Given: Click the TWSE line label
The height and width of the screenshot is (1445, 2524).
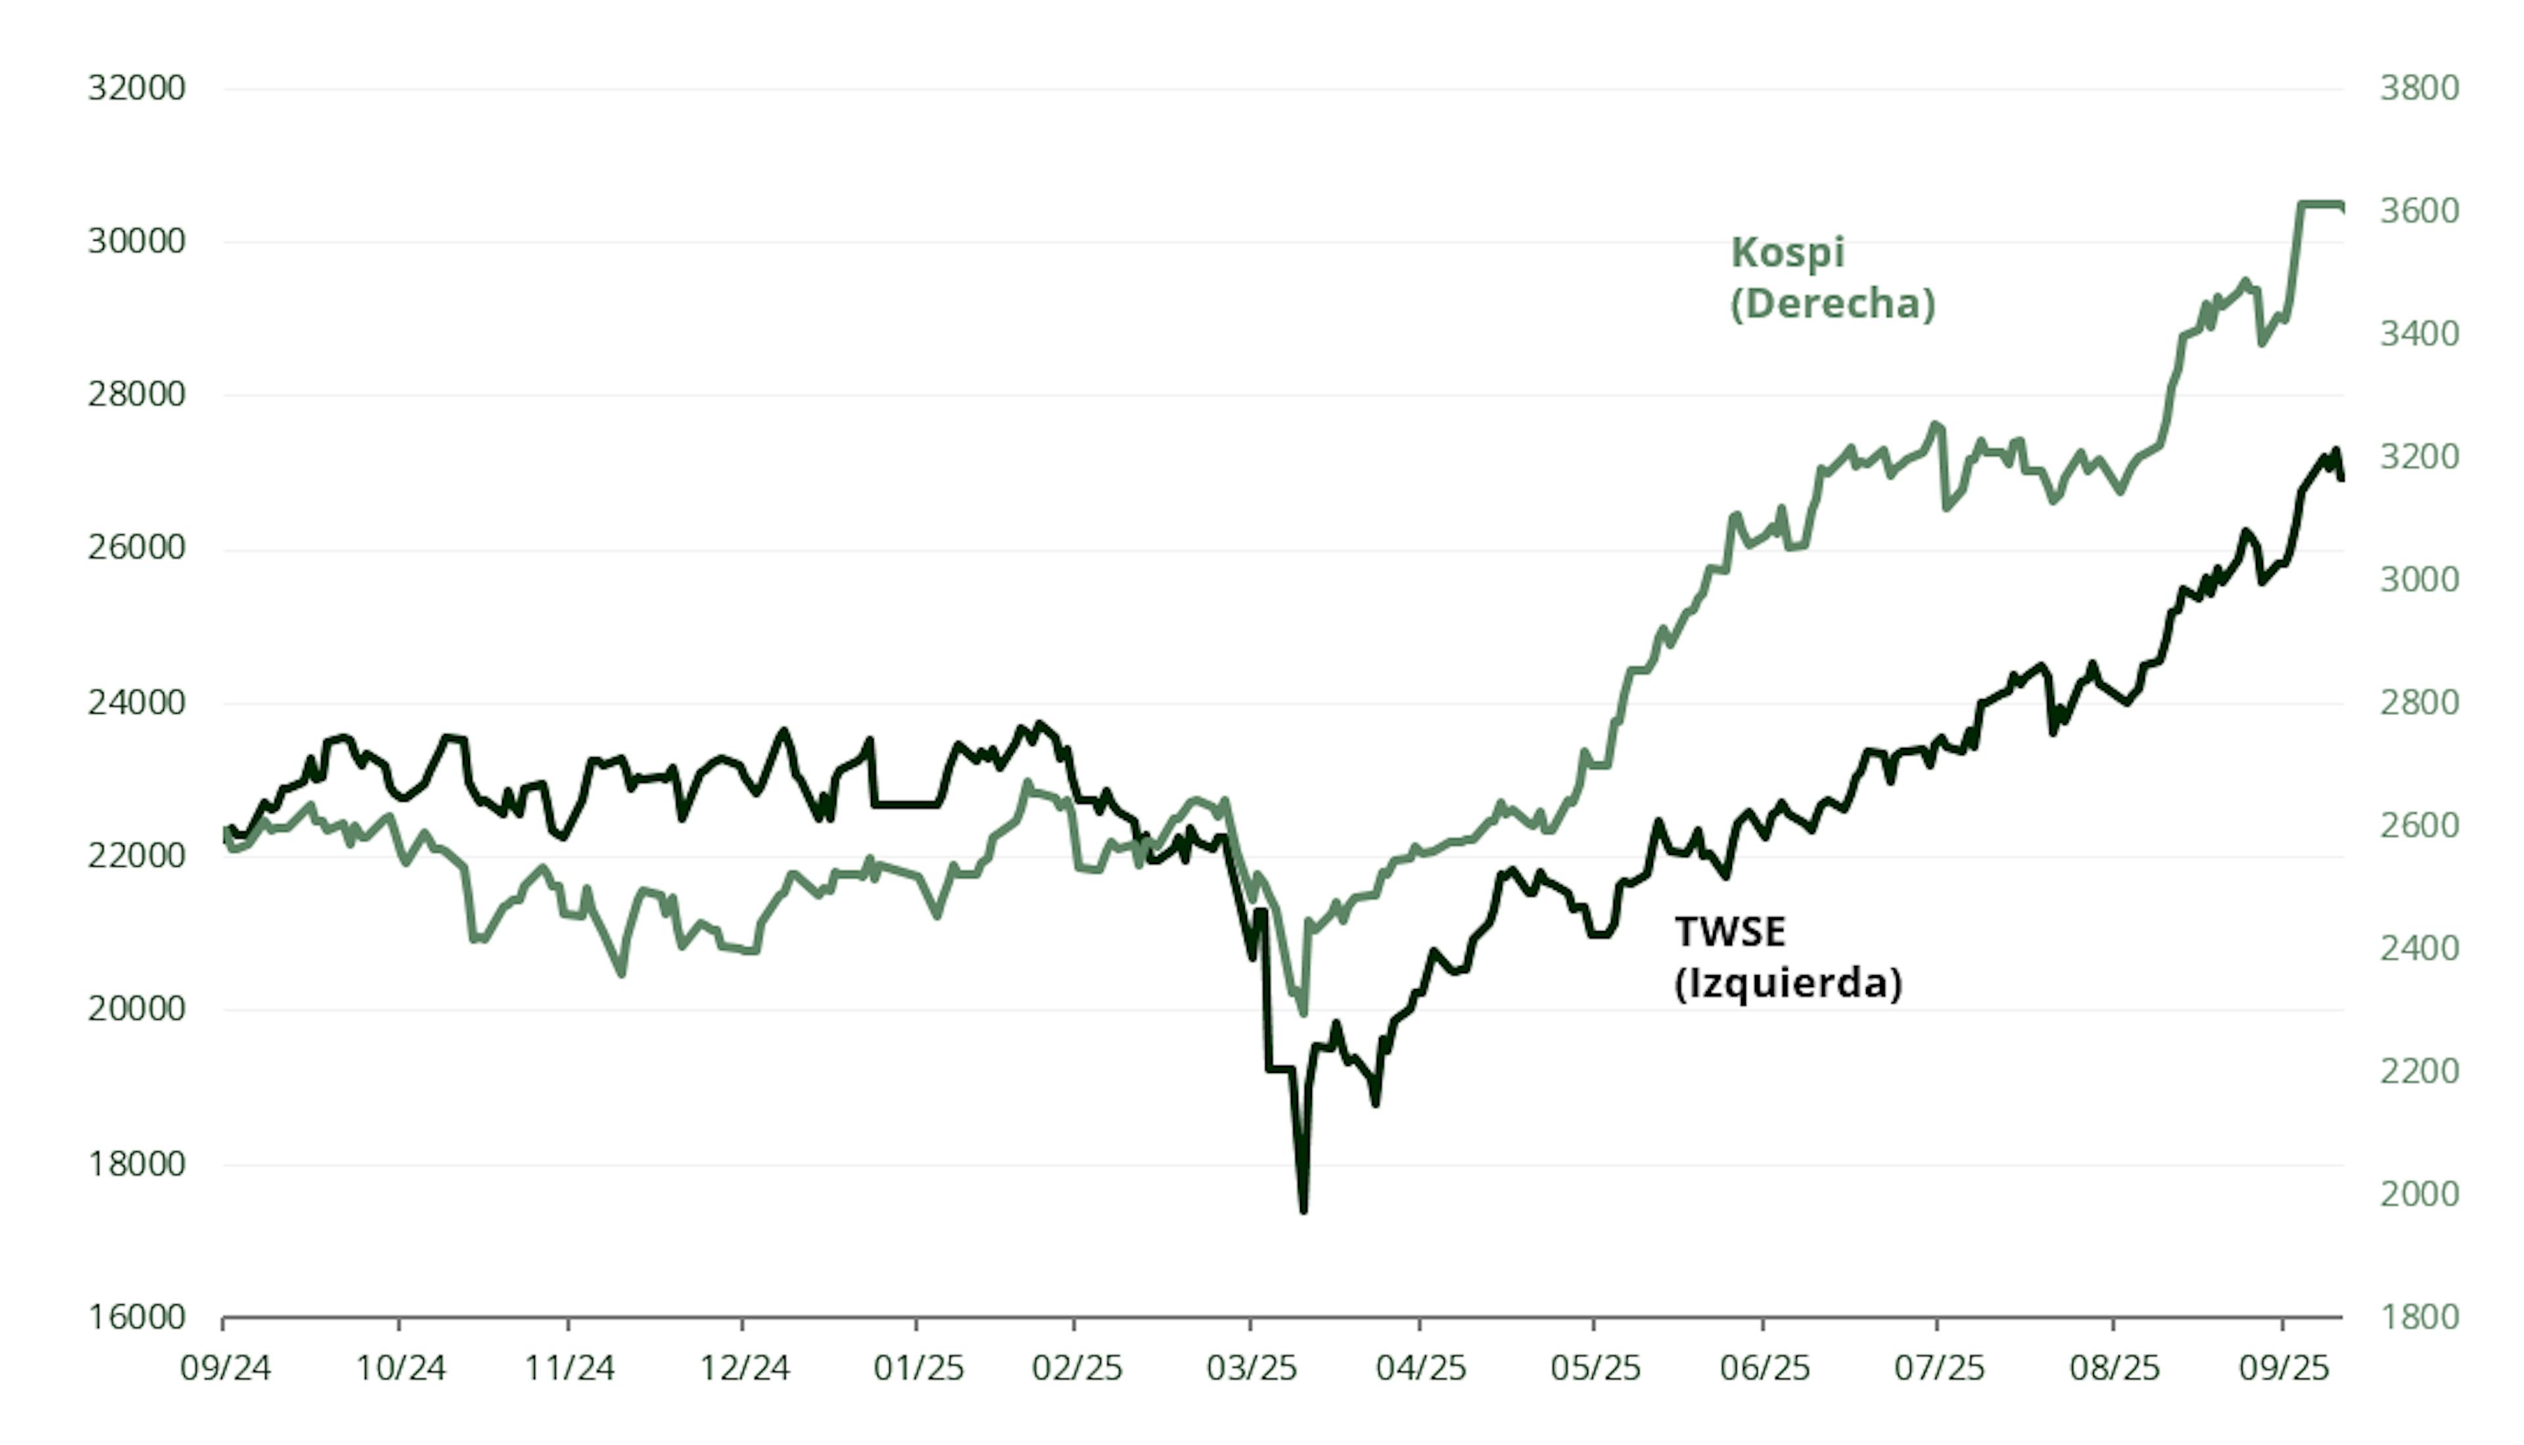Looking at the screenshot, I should [x=1730, y=932].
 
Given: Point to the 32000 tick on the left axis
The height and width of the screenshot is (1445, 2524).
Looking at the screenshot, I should [x=136, y=88].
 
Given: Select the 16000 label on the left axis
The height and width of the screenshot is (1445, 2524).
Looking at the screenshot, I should [x=136, y=1317].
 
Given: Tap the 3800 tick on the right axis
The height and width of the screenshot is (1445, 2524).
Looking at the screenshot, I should [x=2419, y=88].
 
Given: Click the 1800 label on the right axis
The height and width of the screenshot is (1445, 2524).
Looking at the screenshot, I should [x=2419, y=1317].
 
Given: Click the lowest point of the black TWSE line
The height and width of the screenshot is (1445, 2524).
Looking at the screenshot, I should [x=1303, y=1209].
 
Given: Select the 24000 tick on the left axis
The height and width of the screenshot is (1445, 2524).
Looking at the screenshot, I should [x=136, y=702].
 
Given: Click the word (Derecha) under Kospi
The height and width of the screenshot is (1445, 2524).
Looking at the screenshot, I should [x=1833, y=304].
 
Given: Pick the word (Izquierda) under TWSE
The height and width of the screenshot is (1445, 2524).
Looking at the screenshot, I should [x=1788, y=984].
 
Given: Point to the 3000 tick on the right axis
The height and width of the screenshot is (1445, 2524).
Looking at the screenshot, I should [x=2419, y=580].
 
